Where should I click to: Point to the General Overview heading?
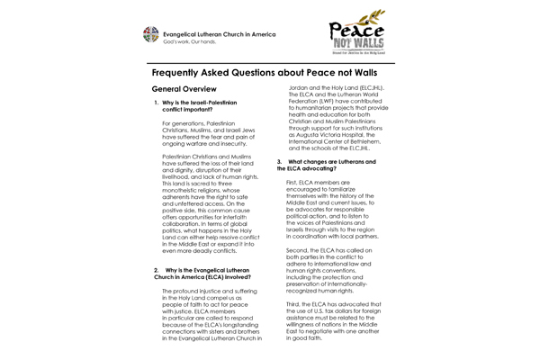(x=184, y=90)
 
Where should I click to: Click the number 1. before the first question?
(x=157, y=104)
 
